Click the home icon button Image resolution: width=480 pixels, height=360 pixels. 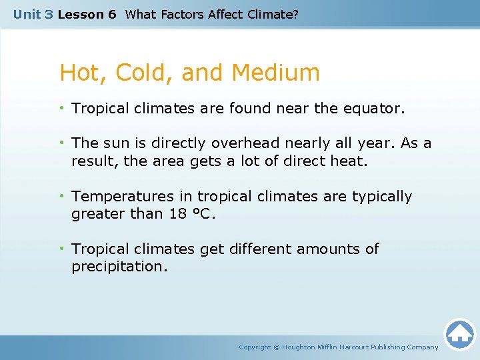pyautogui.click(x=459, y=333)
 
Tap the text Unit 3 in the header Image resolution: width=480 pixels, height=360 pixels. pyautogui.click(x=33, y=14)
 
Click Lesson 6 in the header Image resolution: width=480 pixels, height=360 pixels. pyautogui.click(x=87, y=14)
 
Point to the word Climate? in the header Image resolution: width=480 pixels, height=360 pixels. pyautogui.click(x=273, y=14)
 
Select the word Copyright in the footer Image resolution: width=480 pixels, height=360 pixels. pyautogui.click(x=255, y=347)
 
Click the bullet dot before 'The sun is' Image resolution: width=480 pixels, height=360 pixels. pyautogui.click(x=63, y=143)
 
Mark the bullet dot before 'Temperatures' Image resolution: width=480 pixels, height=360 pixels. pyautogui.click(x=63, y=197)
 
